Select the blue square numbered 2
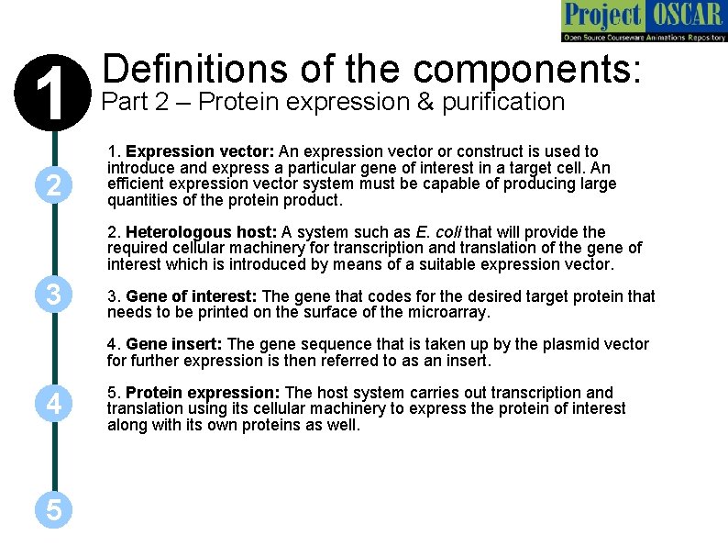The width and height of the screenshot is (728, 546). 54,186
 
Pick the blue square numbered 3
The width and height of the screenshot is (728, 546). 54,296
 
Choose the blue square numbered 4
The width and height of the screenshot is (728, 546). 54,403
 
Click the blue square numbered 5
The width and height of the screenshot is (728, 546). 54,509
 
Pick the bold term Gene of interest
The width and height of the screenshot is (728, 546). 193,296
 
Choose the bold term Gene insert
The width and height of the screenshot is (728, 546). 174,344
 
